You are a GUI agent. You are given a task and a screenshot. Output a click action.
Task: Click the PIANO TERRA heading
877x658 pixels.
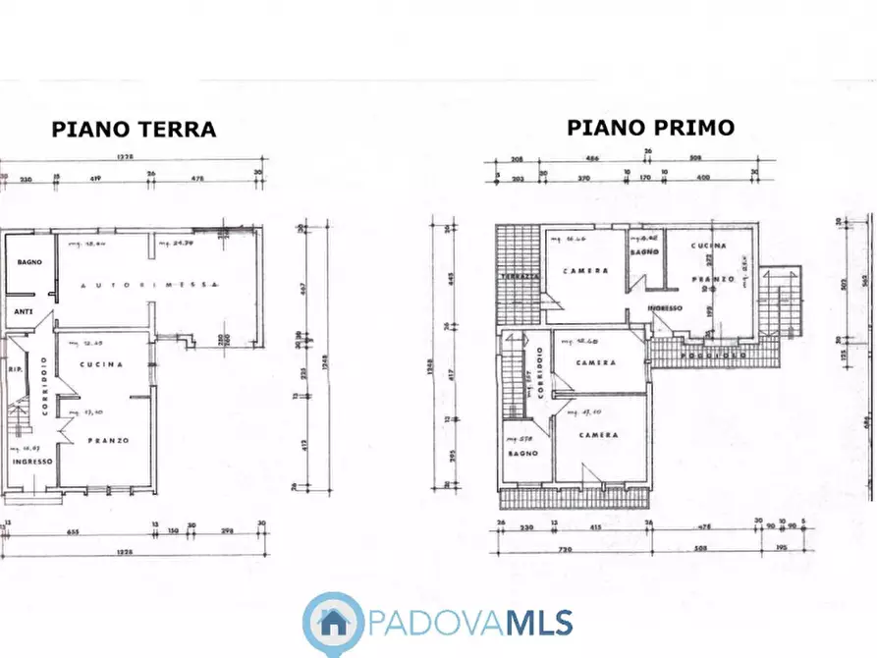(134, 130)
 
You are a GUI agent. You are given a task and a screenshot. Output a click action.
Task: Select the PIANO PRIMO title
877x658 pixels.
(649, 128)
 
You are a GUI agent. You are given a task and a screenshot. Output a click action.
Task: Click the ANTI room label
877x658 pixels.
(22, 313)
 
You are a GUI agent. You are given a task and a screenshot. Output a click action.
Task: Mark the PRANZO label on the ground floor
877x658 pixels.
(108, 440)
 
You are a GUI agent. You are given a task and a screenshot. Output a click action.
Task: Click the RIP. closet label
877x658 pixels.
(14, 370)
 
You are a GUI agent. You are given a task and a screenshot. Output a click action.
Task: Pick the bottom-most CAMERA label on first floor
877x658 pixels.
(597, 434)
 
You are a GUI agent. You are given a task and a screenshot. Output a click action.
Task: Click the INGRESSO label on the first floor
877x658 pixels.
(664, 308)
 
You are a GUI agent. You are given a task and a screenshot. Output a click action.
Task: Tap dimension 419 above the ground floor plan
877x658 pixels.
(98, 178)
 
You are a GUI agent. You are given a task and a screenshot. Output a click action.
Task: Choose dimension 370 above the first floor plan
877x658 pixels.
(582, 178)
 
